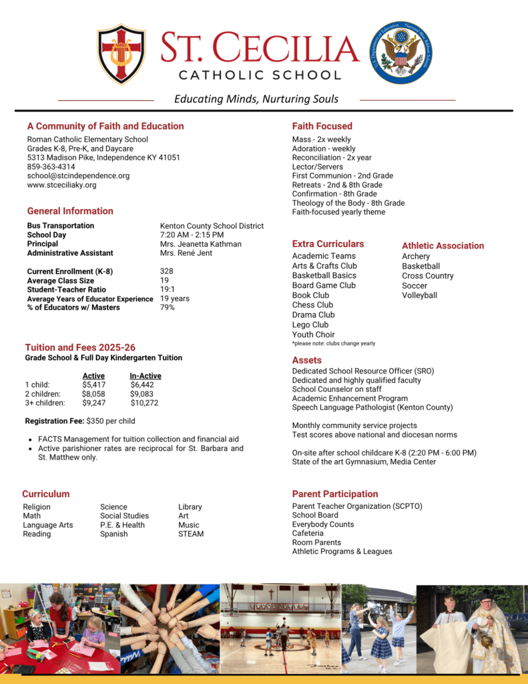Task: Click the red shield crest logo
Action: pos(121,53)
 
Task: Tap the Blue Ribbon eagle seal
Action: pos(401,52)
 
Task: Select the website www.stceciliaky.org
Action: pos(61,185)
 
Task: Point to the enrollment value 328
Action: pos(166,271)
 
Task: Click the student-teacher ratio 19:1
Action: pos(167,290)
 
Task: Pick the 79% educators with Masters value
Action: pos(167,307)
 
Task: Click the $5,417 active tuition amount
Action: pos(93,385)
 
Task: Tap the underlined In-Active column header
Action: pos(145,376)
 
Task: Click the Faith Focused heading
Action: pos(322,126)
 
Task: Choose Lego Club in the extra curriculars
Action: pos(310,325)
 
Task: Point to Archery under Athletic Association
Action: pos(416,256)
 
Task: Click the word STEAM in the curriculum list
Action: pos(191,534)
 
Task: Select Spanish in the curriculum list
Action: pos(113,534)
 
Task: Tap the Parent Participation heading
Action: pos(334,494)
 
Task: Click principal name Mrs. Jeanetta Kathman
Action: pos(200,244)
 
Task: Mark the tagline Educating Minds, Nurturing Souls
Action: pos(256,99)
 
